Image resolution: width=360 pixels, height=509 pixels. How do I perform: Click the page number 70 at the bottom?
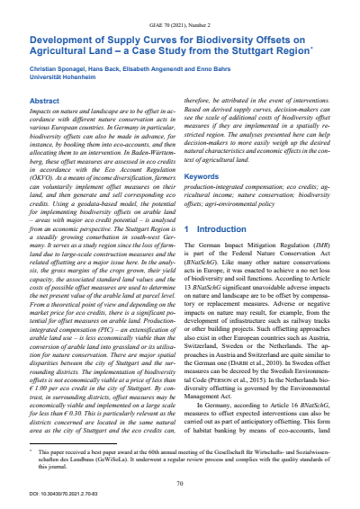pos(180,459)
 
